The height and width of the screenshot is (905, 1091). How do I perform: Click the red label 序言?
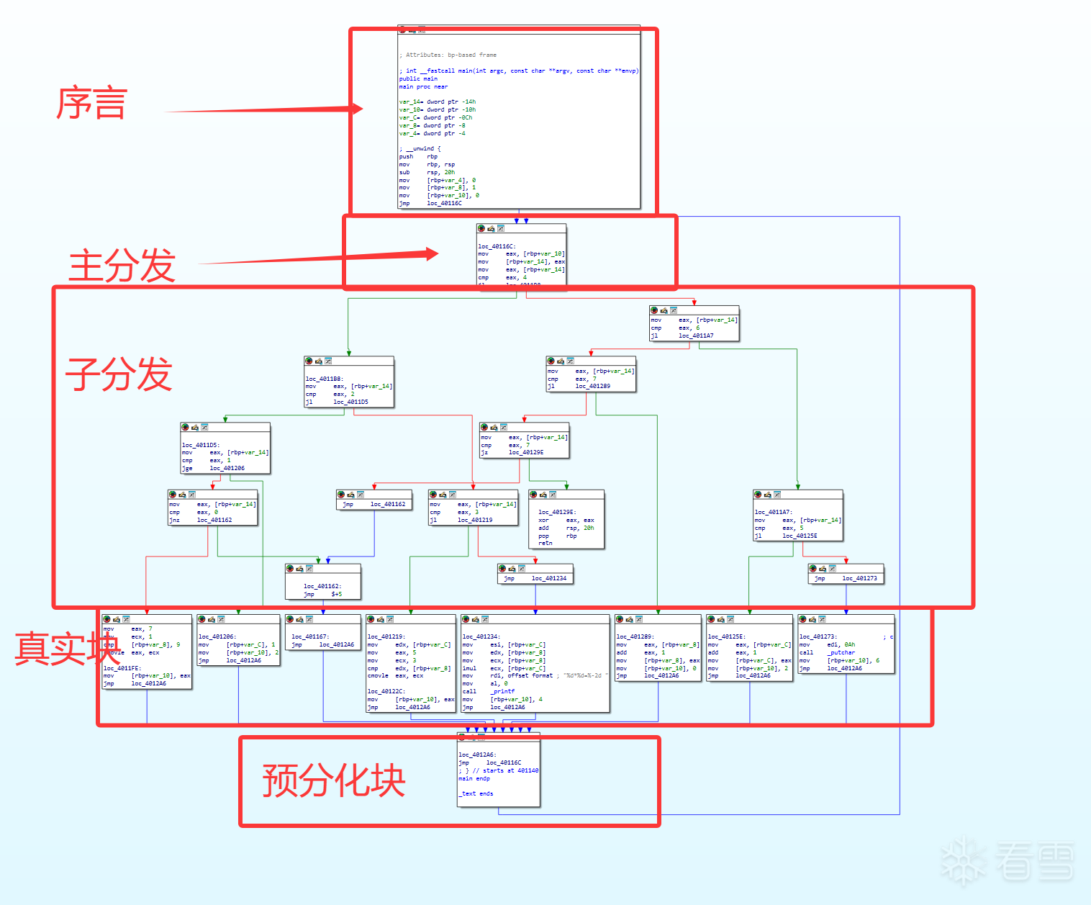[92, 103]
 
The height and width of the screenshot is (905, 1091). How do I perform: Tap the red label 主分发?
[122, 266]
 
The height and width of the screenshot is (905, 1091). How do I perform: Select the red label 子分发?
[119, 374]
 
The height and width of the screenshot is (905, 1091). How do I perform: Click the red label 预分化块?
[334, 781]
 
